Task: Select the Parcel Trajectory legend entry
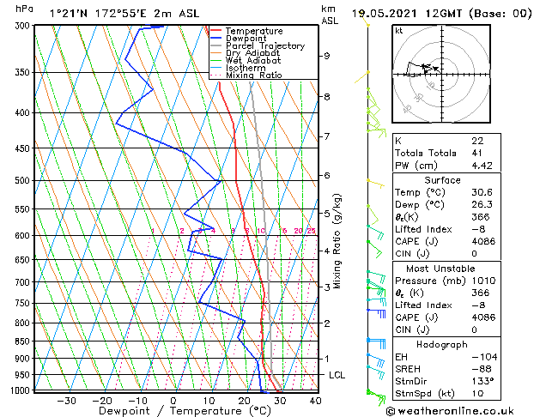pos(264,46)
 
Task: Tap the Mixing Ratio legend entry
pos(253,76)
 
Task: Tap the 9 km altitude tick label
pos(326,56)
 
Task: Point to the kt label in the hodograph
pos(399,30)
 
